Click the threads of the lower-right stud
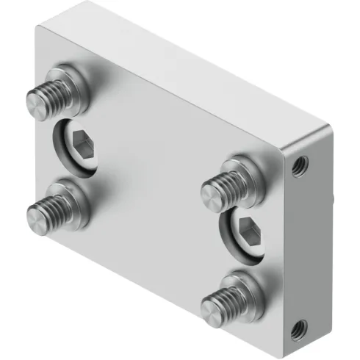click(224, 295)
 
